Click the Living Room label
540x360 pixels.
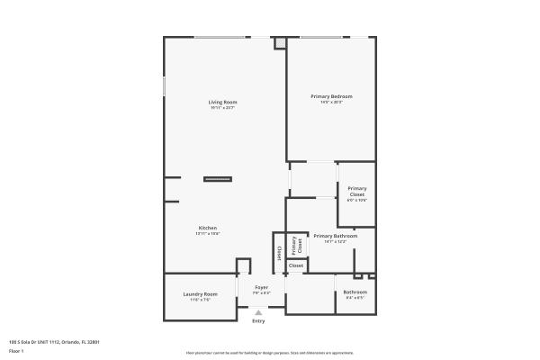(x=222, y=103)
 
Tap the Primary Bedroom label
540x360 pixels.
(x=330, y=96)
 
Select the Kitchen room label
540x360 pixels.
(x=208, y=228)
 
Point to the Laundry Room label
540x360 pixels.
(x=200, y=294)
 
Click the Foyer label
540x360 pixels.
(x=261, y=287)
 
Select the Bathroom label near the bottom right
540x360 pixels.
(x=355, y=292)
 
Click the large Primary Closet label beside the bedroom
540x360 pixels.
(x=357, y=193)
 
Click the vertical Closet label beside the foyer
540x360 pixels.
(x=279, y=252)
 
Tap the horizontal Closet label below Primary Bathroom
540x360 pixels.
(x=296, y=265)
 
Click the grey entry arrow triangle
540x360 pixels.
(x=258, y=312)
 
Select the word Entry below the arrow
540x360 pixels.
(x=258, y=321)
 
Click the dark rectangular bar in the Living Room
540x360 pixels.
(x=218, y=179)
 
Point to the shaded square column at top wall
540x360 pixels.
(x=282, y=42)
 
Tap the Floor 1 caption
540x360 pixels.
(x=16, y=351)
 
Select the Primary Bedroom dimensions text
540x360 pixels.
(x=330, y=102)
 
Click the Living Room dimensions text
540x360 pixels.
(x=222, y=108)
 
